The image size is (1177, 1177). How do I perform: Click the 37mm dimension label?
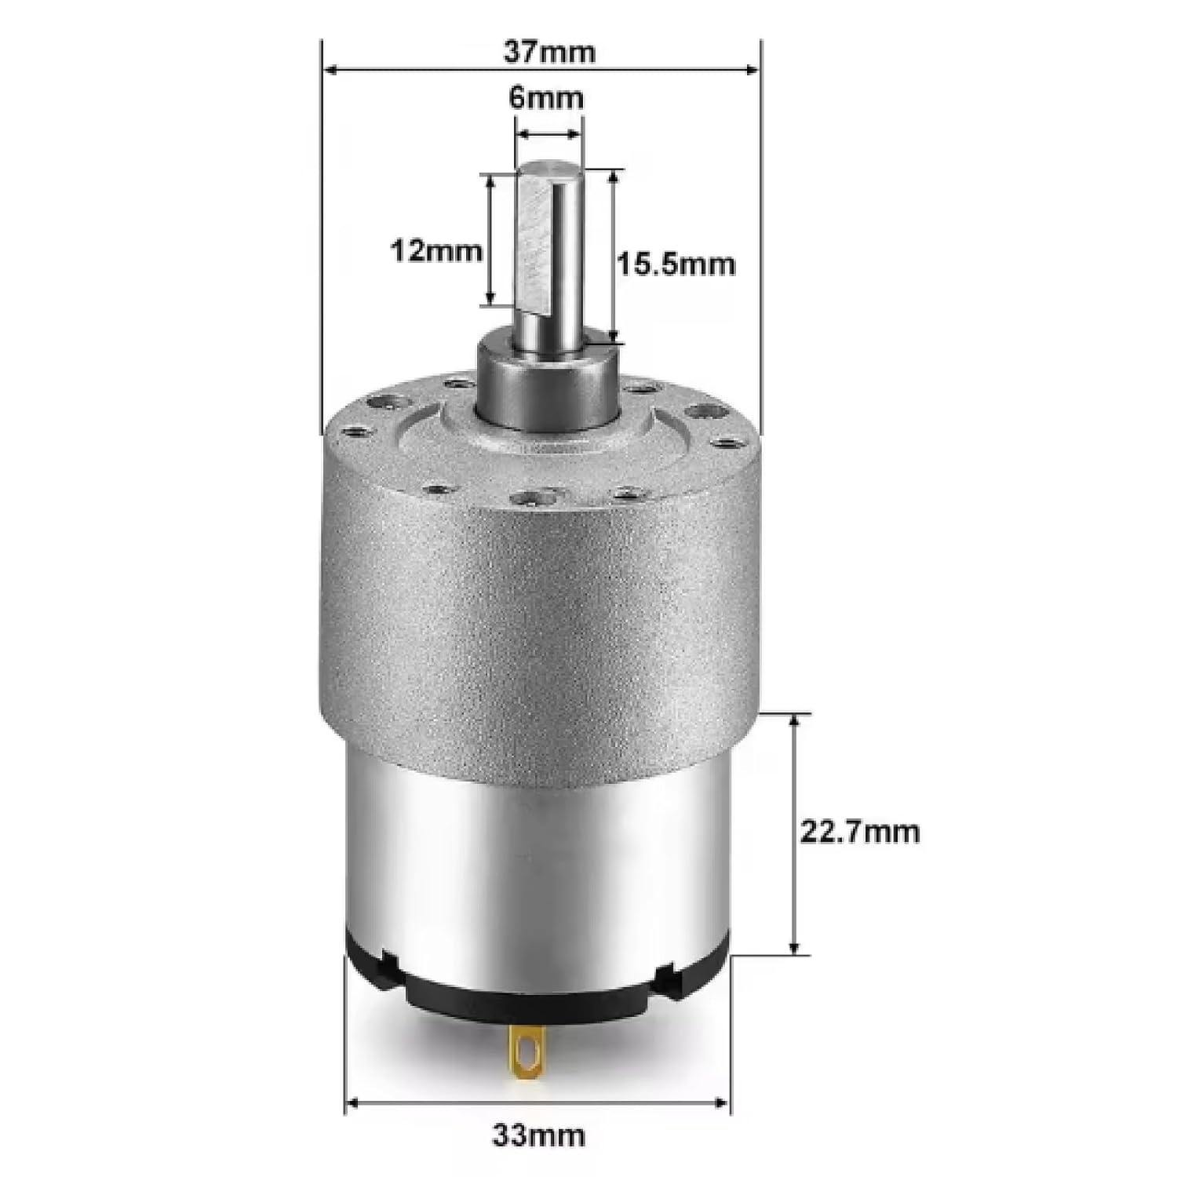click(x=549, y=52)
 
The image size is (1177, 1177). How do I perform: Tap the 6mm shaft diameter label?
click(x=546, y=98)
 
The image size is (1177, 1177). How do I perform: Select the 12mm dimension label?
click(x=436, y=251)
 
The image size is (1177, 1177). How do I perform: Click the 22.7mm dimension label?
click(x=859, y=832)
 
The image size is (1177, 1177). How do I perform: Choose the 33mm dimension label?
click(x=538, y=1135)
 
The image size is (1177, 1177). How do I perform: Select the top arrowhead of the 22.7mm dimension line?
click(x=796, y=720)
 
